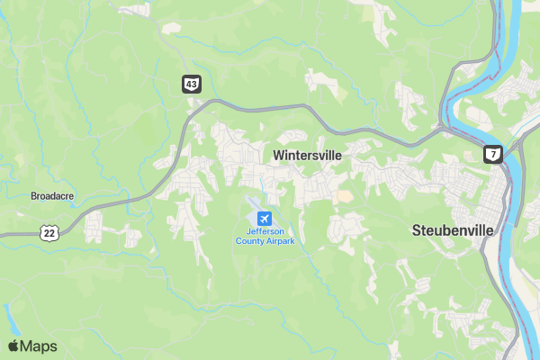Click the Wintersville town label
[x=307, y=155]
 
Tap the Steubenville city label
[x=453, y=229]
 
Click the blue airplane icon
[x=264, y=219]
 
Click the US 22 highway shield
[x=50, y=232]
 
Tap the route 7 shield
[x=492, y=154]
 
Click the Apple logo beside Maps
[x=13, y=346]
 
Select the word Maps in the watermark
[x=39, y=346]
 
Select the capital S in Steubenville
[x=417, y=229]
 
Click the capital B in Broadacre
[x=33, y=195]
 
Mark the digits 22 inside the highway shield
[x=50, y=233]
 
